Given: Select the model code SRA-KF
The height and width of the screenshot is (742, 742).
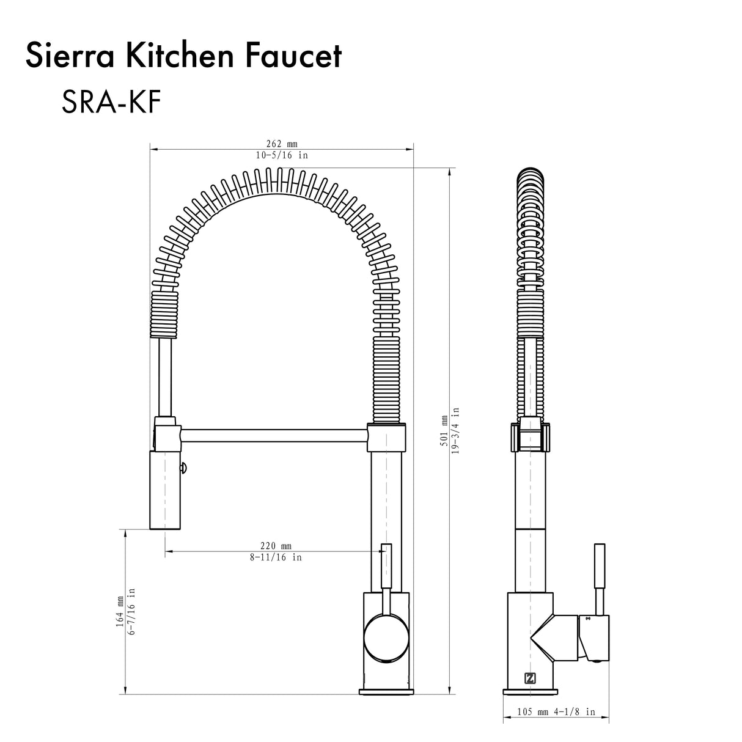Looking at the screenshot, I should [x=111, y=103].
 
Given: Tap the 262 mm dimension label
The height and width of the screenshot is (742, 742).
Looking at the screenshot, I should [x=282, y=144].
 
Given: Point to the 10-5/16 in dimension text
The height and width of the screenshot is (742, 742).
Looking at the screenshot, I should [x=282, y=155].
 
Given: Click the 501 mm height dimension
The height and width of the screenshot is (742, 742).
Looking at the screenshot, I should [x=444, y=435].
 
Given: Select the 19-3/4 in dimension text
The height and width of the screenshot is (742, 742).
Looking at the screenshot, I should [x=456, y=435].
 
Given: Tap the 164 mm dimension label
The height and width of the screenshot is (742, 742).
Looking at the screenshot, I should [x=120, y=611].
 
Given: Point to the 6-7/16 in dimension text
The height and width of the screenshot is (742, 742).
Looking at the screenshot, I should [x=131, y=611].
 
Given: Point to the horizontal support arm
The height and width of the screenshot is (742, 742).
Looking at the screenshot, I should [x=274, y=436].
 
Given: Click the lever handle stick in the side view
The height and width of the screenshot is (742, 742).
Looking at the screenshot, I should [x=600, y=578].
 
